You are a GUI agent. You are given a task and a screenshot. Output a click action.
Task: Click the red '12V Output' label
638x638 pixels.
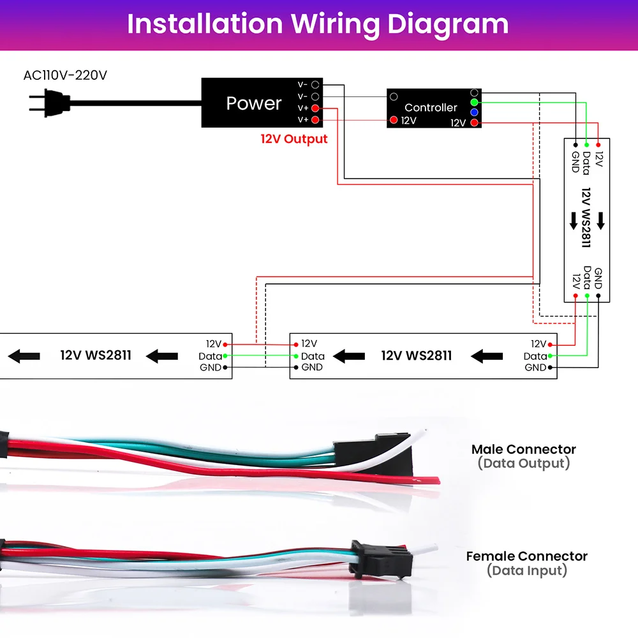[x=293, y=139]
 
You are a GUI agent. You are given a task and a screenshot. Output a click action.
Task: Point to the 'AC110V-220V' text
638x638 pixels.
[x=65, y=75]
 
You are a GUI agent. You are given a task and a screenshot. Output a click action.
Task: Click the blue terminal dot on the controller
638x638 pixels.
[x=474, y=112]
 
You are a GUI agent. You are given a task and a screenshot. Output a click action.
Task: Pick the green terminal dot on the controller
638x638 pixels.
[x=474, y=102]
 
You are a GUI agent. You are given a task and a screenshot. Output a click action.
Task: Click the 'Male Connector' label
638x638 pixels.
[x=523, y=450]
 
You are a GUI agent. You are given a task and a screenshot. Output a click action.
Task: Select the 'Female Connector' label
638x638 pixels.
[x=526, y=556]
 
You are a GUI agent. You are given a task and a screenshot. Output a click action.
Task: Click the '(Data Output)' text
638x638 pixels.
[x=523, y=464]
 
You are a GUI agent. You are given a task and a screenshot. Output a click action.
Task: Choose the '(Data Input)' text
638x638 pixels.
[x=526, y=570]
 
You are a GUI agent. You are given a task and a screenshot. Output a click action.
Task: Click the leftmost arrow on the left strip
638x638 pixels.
[x=24, y=355]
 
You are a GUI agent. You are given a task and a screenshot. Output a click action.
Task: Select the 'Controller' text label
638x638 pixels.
[x=431, y=108]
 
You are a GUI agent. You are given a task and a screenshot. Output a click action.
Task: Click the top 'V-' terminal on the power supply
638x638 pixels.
[x=315, y=84]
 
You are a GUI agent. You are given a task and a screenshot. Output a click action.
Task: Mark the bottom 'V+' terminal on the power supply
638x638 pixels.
[x=315, y=120]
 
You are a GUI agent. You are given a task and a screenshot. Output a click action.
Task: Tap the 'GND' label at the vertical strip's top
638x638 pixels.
[x=575, y=161]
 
